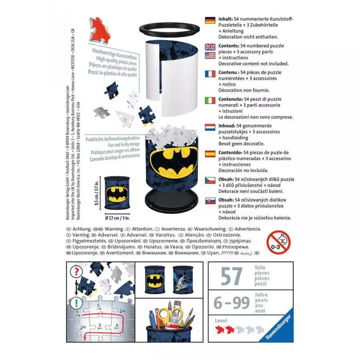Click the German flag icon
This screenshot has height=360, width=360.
coord(210,20)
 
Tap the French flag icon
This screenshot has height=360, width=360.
coord(210,74)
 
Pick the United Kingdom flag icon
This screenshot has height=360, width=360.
coord(210,47)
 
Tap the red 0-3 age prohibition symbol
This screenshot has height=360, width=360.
coord(278,242)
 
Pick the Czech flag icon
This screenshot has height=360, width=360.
coord(210,180)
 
